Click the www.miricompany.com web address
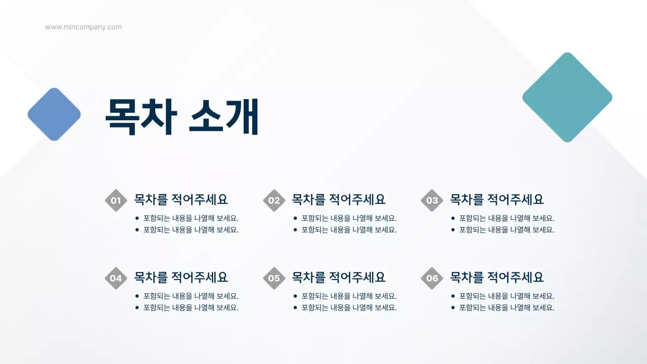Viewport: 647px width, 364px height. coord(83,27)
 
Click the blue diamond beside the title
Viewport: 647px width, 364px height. coord(54,114)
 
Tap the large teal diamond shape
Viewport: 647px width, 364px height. coord(567,97)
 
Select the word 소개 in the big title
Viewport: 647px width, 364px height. coord(224,117)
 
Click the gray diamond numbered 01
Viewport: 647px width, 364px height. coord(116,200)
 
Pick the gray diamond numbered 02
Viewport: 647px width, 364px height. coord(274,200)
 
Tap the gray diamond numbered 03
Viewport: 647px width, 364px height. coord(432,200)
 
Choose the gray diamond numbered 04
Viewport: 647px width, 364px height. coord(116,278)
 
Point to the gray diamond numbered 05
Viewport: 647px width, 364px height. coord(274,278)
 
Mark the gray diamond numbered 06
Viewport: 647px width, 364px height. coord(432,278)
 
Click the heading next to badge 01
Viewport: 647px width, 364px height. coord(180,199)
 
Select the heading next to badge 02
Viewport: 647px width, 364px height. coord(339,199)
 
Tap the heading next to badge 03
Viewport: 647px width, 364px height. coord(497,199)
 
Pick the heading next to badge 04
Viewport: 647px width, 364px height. coord(180,277)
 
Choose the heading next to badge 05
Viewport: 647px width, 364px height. coord(339,277)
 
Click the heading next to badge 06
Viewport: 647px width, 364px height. coord(497,277)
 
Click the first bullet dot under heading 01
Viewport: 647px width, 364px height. coord(137,218)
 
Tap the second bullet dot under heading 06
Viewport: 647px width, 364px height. coord(453,307)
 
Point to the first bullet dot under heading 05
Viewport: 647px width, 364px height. coord(295,296)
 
